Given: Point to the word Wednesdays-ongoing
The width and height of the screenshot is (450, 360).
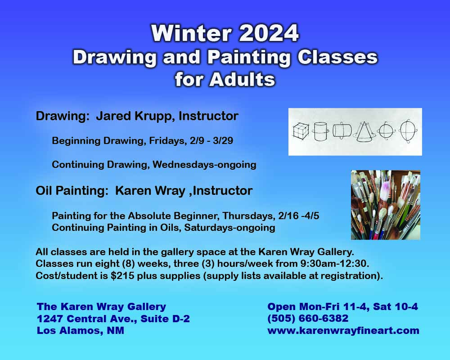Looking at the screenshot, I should pos(204,165).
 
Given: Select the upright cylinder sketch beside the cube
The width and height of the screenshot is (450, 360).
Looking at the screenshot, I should pos(320,131).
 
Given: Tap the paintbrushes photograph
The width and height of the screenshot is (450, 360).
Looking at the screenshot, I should pos(385,205).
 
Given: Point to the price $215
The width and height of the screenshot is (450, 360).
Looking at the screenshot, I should pos(122,276).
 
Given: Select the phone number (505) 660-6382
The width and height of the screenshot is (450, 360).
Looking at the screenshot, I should pos(308,319).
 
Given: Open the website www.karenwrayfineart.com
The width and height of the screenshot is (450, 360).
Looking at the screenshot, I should pos(343,331).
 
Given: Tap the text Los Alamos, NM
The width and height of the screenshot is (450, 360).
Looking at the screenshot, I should pos(81,331).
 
